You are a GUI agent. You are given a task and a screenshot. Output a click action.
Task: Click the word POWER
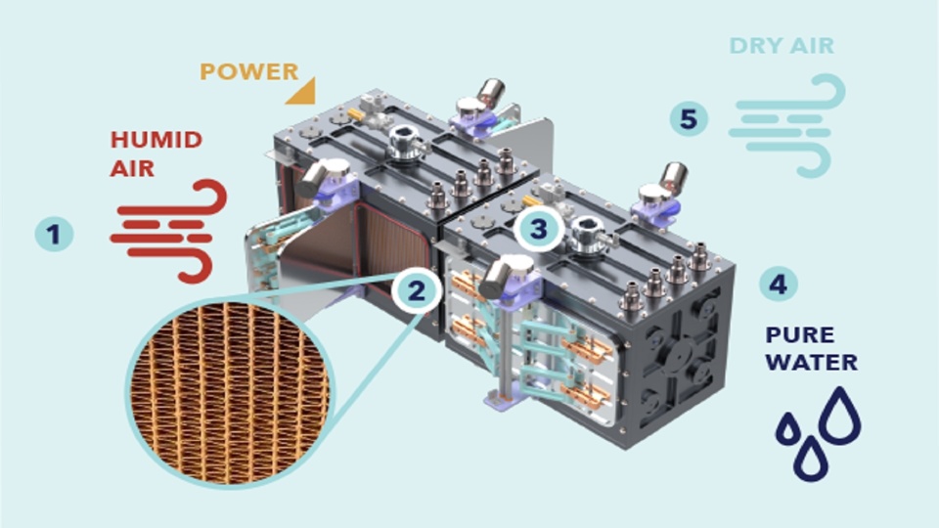click(x=249, y=71)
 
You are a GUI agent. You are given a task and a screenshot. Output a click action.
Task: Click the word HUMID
click(x=156, y=140)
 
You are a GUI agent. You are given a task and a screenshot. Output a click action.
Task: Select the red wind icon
click(x=169, y=231)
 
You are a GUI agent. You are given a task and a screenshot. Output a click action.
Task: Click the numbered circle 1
click(x=54, y=234)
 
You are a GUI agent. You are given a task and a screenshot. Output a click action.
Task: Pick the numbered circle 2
click(x=417, y=291)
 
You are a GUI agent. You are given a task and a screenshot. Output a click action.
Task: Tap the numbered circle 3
click(x=538, y=228)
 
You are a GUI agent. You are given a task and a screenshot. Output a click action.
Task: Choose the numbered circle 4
click(x=779, y=284)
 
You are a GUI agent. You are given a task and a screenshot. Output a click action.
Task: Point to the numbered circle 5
click(x=689, y=118)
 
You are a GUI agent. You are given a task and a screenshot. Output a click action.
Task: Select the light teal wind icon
click(x=786, y=126)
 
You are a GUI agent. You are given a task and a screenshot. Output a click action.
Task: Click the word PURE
click(x=799, y=334)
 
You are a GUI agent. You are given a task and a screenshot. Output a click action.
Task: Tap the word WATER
click(x=812, y=362)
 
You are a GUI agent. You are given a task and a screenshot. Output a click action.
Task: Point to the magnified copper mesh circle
click(x=231, y=392)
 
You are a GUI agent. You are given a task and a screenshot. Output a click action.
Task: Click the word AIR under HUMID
click(x=132, y=168)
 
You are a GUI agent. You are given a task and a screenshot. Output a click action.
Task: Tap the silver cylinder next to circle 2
click(x=501, y=277)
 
